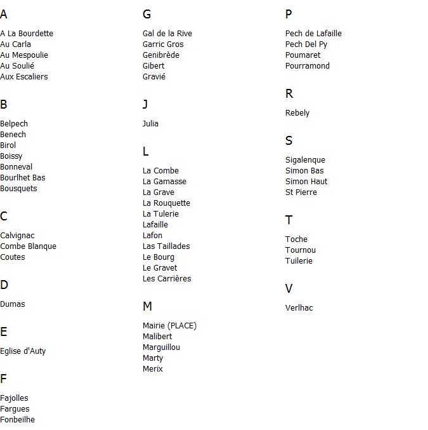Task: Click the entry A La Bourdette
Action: [x=27, y=34]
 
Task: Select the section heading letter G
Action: [x=147, y=15]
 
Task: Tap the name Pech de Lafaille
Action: [x=313, y=34]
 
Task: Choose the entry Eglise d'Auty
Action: [x=23, y=351]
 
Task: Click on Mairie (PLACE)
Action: [x=169, y=326]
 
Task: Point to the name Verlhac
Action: [x=299, y=308]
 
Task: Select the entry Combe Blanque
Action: [x=28, y=246]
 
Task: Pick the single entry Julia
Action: [x=150, y=124]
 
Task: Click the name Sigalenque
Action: [x=305, y=160]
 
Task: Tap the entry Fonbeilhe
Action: [x=17, y=420]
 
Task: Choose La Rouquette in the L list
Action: [x=166, y=203]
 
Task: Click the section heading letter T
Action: [x=289, y=220]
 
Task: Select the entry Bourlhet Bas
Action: [x=23, y=178]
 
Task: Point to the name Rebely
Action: [x=297, y=113]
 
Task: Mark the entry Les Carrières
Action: [x=167, y=279]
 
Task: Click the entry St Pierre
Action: [x=301, y=192]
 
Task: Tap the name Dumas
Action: [x=13, y=304]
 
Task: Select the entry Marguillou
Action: [x=161, y=347]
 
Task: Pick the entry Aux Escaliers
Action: [x=24, y=77]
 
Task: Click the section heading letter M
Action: [x=147, y=307]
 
